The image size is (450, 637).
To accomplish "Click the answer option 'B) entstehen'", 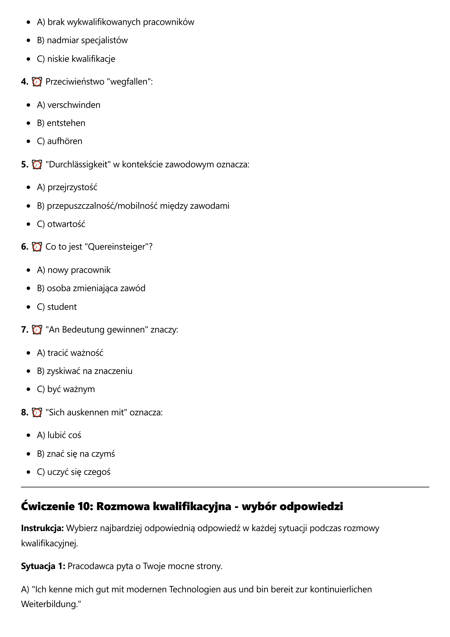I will [61, 123].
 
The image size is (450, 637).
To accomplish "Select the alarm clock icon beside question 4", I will [37, 82].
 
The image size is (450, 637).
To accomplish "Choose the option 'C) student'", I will [57, 307].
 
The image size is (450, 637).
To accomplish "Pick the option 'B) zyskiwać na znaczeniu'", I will [85, 371].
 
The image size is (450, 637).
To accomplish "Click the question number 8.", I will [25, 412].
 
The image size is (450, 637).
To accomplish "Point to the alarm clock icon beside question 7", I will [37, 330].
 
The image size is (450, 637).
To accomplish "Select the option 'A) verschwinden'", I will [69, 105].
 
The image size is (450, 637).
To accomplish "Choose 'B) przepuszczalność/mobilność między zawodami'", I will [133, 206].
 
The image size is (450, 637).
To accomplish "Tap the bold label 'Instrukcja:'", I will [42, 528].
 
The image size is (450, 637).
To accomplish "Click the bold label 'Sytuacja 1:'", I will [43, 566].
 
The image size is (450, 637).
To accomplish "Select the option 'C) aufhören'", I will [59, 141].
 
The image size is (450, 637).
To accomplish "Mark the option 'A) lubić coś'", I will [59, 435].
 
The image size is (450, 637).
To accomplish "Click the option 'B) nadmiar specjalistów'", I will [82, 40].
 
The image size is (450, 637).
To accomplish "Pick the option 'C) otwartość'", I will [61, 224].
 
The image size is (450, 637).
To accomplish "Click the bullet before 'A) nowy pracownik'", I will [28, 270].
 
